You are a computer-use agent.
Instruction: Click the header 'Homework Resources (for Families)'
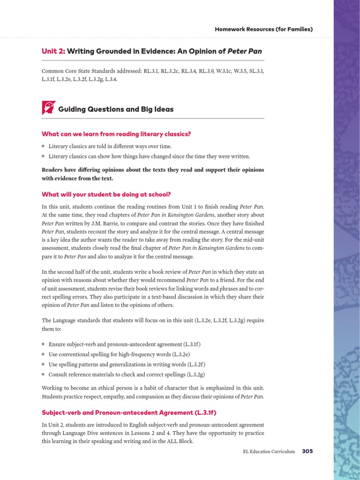click(263, 30)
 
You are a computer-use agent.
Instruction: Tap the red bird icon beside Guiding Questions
click(48, 108)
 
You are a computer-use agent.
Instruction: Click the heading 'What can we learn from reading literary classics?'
click(116, 134)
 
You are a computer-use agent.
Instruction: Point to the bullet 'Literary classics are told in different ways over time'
click(110, 146)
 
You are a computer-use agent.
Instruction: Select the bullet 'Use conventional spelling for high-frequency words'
click(119, 354)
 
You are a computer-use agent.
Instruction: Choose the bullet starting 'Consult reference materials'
click(127, 375)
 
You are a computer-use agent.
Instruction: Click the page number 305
click(307, 451)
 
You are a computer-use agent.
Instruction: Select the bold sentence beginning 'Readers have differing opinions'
click(153, 174)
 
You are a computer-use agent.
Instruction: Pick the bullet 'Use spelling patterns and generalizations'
click(127, 364)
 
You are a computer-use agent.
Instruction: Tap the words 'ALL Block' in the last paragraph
click(180, 441)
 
